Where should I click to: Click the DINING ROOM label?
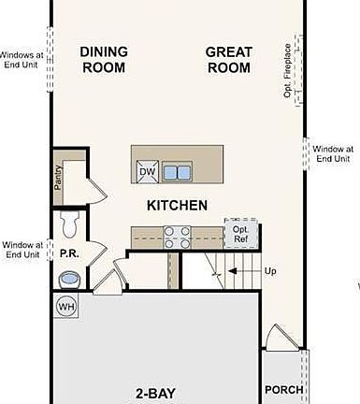click(x=105, y=60)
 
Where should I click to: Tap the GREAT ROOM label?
click(x=228, y=60)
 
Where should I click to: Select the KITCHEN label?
click(x=177, y=205)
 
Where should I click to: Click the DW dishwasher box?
click(x=148, y=172)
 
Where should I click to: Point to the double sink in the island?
click(x=176, y=172)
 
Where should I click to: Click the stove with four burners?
click(x=177, y=238)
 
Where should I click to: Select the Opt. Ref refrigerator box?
click(x=240, y=234)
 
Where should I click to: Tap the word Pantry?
click(x=58, y=177)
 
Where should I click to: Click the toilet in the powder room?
click(x=69, y=224)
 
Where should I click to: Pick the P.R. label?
click(x=69, y=253)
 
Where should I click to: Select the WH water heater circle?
click(x=66, y=306)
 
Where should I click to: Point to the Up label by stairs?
click(x=270, y=271)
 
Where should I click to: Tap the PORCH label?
click(x=283, y=390)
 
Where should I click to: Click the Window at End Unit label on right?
click(x=333, y=153)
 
